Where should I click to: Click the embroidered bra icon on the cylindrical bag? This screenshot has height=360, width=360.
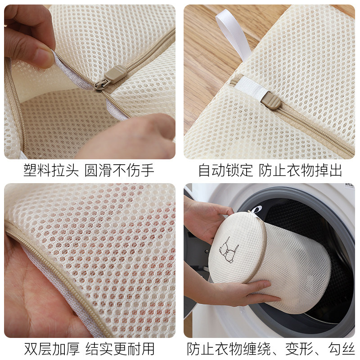pos(229,249)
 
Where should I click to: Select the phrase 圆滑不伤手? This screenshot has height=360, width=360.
pos(119,171)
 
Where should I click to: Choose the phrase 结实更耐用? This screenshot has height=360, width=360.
pos(119,349)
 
